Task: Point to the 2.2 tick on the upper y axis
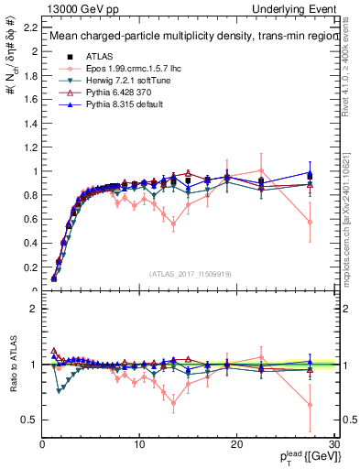pos(29,27)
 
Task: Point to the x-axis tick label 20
pos(237,444)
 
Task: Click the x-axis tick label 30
pos(333,444)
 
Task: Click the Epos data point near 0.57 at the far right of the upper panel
pos(310,222)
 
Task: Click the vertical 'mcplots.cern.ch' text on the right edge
pos(352,211)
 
